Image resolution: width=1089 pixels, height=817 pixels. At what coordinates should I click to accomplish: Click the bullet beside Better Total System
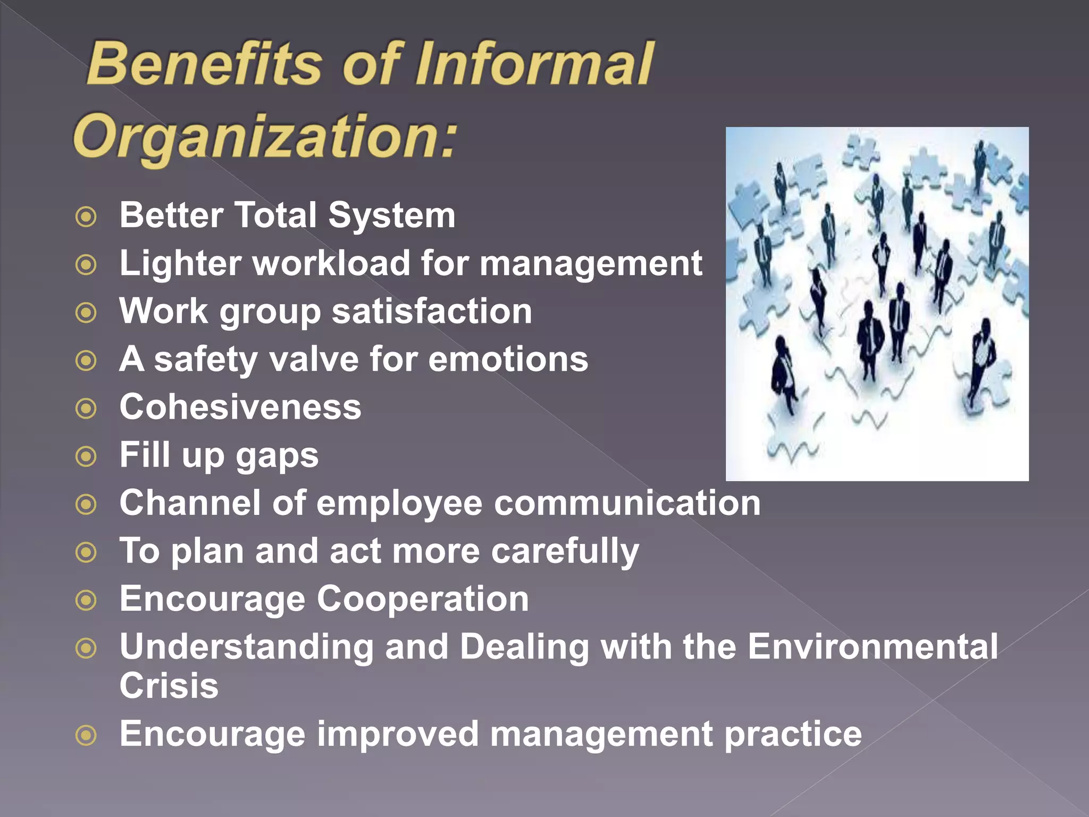[x=86, y=216]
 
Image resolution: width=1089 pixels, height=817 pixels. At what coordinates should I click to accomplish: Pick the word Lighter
[x=180, y=264]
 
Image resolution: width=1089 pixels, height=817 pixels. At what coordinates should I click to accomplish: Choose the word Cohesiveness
[x=240, y=407]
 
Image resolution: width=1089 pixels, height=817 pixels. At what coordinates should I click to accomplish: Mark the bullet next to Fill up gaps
[x=86, y=456]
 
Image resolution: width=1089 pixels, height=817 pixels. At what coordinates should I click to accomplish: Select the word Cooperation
[x=423, y=599]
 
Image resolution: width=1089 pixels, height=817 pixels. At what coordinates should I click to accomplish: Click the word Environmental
[x=873, y=647]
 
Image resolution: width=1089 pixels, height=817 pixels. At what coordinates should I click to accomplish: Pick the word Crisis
[x=169, y=685]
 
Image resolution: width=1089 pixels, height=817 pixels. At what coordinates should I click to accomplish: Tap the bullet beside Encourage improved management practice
[x=86, y=736]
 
